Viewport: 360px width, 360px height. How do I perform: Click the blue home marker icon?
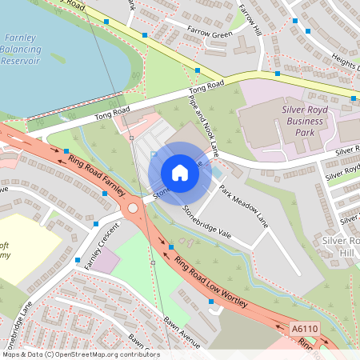tap(180, 173)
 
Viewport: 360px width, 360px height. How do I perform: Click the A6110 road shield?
tap(303, 329)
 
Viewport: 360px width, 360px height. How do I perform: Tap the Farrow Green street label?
tap(209, 34)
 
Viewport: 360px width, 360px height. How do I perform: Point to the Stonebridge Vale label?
tap(206, 222)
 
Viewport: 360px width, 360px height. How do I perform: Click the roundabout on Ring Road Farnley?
tap(133, 208)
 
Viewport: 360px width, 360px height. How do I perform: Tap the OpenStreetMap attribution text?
tap(80, 354)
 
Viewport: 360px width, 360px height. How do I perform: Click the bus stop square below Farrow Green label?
tap(198, 70)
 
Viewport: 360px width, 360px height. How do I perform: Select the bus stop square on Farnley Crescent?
tap(78, 260)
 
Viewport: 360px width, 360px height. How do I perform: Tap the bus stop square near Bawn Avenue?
tap(210, 302)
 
